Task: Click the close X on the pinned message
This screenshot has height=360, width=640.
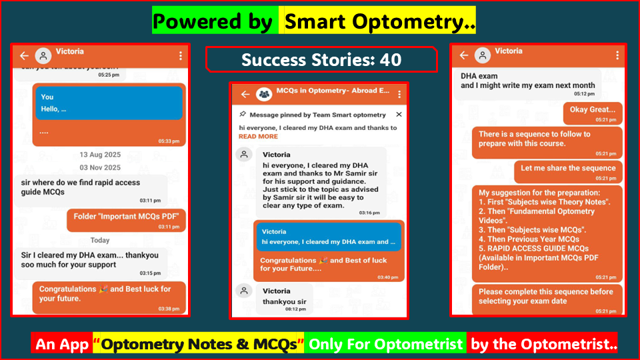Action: pyautogui.click(x=399, y=115)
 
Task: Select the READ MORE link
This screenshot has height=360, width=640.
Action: pyautogui.click(x=258, y=137)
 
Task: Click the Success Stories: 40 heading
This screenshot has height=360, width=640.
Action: pyautogui.click(x=321, y=60)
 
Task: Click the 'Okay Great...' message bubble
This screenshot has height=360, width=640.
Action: pyautogui.click(x=593, y=112)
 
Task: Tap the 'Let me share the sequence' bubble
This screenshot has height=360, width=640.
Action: pyautogui.click(x=568, y=171)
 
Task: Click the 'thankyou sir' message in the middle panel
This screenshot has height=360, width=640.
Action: pyautogui.click(x=285, y=301)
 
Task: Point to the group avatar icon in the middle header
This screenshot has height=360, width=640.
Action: pyautogui.click(x=265, y=95)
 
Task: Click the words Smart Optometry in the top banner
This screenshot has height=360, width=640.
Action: pyautogui.click(x=380, y=22)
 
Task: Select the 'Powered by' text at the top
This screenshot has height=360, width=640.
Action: pyautogui.click(x=213, y=22)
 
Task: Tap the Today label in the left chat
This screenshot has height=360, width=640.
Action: pyautogui.click(x=100, y=240)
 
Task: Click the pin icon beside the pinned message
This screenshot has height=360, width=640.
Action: pyautogui.click(x=243, y=115)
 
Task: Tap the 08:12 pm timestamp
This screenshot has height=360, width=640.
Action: pyautogui.click(x=296, y=309)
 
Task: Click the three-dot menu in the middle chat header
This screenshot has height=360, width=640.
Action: pyautogui.click(x=399, y=95)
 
